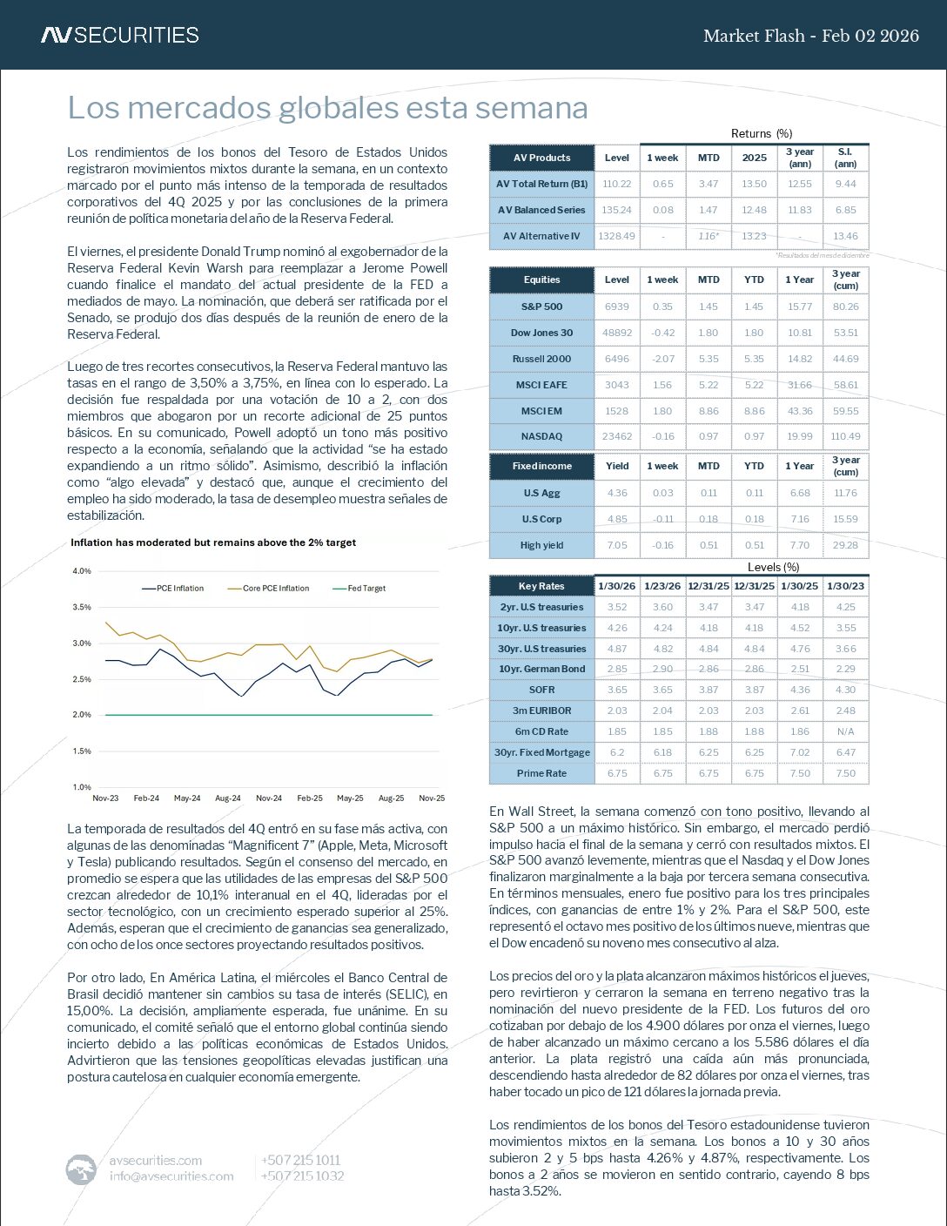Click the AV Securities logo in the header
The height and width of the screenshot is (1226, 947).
pos(120,35)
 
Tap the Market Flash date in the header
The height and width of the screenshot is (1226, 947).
pos(810,36)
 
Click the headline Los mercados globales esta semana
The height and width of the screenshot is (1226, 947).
pos(327,108)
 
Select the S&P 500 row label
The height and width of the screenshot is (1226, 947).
pos(541,306)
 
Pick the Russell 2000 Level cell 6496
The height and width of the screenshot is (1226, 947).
pos(616,359)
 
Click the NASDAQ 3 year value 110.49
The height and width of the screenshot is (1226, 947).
pos(845,436)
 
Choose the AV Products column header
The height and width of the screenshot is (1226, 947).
pos(541,158)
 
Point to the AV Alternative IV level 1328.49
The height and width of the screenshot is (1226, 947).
pos(616,236)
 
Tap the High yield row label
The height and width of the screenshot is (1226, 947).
pos(541,545)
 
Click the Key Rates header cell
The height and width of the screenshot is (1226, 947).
pos(541,586)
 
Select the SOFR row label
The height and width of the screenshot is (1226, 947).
pos(541,690)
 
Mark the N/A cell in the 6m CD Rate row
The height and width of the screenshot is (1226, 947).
pos(845,731)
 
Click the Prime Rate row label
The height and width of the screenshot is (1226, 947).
pos(541,773)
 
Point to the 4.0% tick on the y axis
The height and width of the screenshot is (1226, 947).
pos(82,571)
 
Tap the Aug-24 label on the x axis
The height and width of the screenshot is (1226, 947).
pos(228,798)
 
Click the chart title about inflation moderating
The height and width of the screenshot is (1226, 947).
pos(213,542)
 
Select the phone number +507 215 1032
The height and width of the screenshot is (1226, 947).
pos(301,1176)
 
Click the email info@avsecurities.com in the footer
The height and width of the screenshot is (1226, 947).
pos(171,1176)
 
